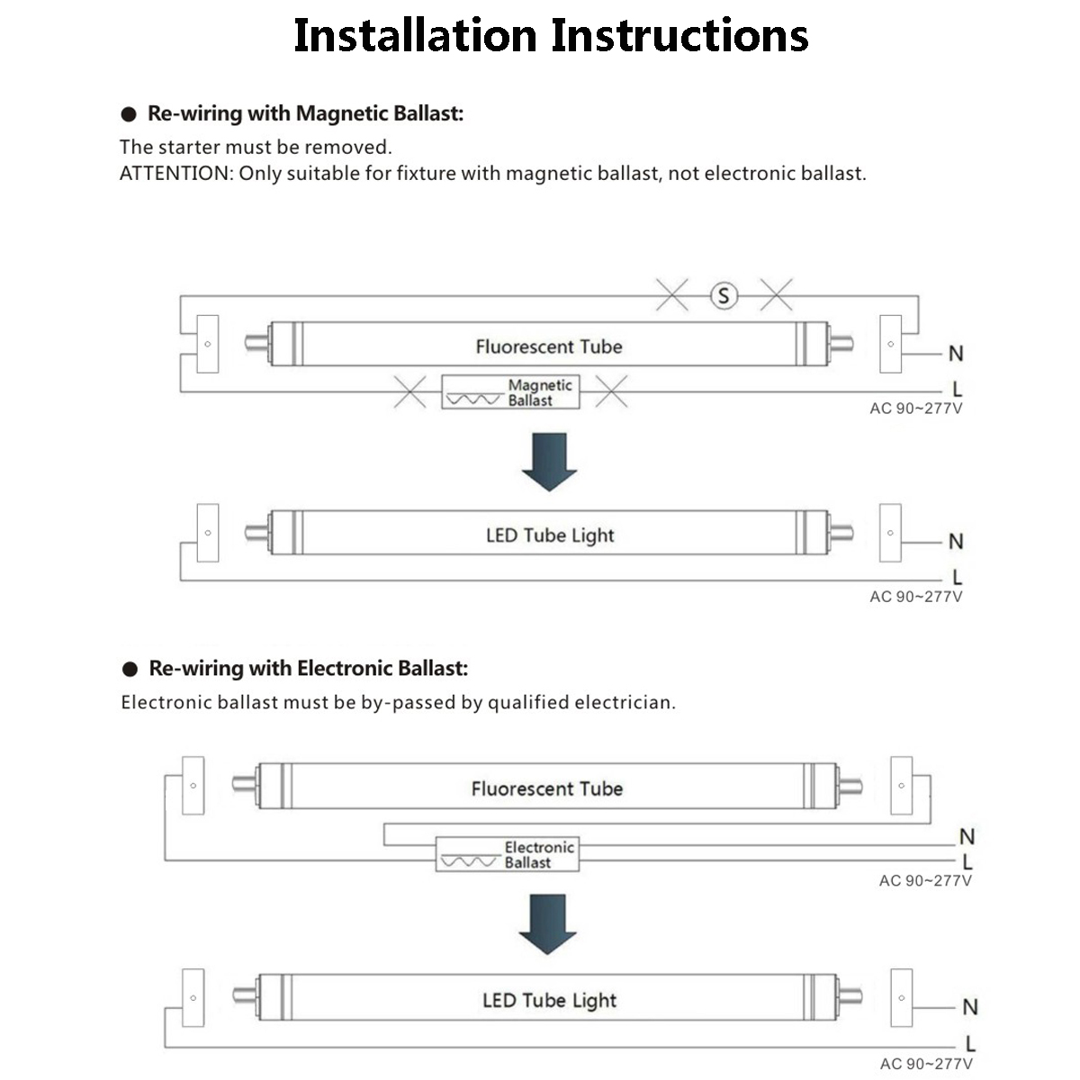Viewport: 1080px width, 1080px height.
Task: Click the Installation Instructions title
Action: pyautogui.click(x=550, y=36)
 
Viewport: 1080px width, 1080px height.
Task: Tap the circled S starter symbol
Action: pyautogui.click(x=724, y=295)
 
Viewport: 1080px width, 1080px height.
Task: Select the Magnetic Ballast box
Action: pyautogui.click(x=510, y=392)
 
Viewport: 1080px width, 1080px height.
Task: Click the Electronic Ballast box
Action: pyautogui.click(x=507, y=854)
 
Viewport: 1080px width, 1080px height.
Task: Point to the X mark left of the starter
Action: pyautogui.click(x=671, y=294)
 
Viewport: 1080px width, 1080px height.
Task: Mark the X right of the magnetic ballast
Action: pyautogui.click(x=611, y=391)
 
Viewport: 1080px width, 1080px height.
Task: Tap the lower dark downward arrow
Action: pyautogui.click(x=547, y=923)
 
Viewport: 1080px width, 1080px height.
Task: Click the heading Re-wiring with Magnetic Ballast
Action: pyautogui.click(x=305, y=113)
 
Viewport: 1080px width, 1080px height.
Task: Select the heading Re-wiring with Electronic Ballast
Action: pyautogui.click(x=308, y=668)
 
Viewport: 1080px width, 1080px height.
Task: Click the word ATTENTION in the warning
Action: pyautogui.click(x=175, y=174)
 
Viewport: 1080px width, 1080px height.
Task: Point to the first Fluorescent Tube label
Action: pyautogui.click(x=548, y=346)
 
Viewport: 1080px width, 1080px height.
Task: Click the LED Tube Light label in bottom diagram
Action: pyautogui.click(x=549, y=1000)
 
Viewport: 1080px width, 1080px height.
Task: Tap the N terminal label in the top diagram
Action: pyautogui.click(x=956, y=354)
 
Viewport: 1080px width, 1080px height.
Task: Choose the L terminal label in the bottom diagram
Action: pyautogui.click(x=970, y=1044)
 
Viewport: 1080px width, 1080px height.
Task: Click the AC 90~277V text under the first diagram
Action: pyautogui.click(x=915, y=409)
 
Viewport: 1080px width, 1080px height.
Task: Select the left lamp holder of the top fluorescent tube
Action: pyautogui.click(x=208, y=344)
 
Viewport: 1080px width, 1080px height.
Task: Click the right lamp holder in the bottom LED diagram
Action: pyautogui.click(x=901, y=997)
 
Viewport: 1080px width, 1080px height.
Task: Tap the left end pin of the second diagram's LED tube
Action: pyautogui.click(x=256, y=532)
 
